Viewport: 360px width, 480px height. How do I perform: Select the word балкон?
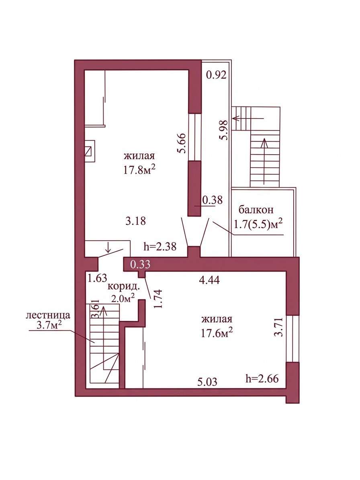click(x=256, y=210)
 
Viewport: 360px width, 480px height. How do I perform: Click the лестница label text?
click(x=48, y=315)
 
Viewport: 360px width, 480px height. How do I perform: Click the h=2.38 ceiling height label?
click(x=160, y=246)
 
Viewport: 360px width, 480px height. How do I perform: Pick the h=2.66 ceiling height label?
click(x=262, y=379)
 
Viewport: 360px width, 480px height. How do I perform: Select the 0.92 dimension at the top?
click(x=216, y=75)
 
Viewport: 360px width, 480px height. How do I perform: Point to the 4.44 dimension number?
click(x=209, y=280)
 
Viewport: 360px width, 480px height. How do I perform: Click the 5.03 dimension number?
click(x=207, y=382)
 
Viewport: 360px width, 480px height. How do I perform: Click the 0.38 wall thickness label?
click(x=213, y=200)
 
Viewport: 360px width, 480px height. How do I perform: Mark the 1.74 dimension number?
click(x=158, y=299)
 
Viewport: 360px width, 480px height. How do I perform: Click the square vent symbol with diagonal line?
click(x=90, y=151)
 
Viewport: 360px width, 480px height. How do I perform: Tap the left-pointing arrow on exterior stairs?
click(x=248, y=118)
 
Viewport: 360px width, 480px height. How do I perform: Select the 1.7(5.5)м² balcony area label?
click(x=258, y=225)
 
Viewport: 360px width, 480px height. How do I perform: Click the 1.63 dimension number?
click(x=97, y=278)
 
